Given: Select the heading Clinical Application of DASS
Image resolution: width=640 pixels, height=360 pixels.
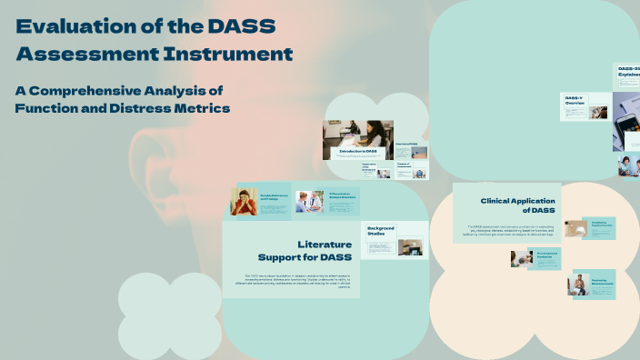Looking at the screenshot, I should (x=517, y=205).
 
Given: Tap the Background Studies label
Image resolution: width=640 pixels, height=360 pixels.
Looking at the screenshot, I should (x=382, y=231).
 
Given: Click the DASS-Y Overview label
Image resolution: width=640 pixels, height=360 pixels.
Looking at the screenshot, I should (x=575, y=101).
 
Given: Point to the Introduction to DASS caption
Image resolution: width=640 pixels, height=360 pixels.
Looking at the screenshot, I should (x=358, y=151).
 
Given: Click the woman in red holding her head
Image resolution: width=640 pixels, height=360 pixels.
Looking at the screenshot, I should (x=246, y=202).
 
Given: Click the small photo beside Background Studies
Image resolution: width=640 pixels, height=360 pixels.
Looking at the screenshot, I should (x=410, y=246).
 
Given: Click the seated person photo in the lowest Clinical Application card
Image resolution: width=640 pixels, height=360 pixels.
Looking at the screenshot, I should (x=577, y=285).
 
